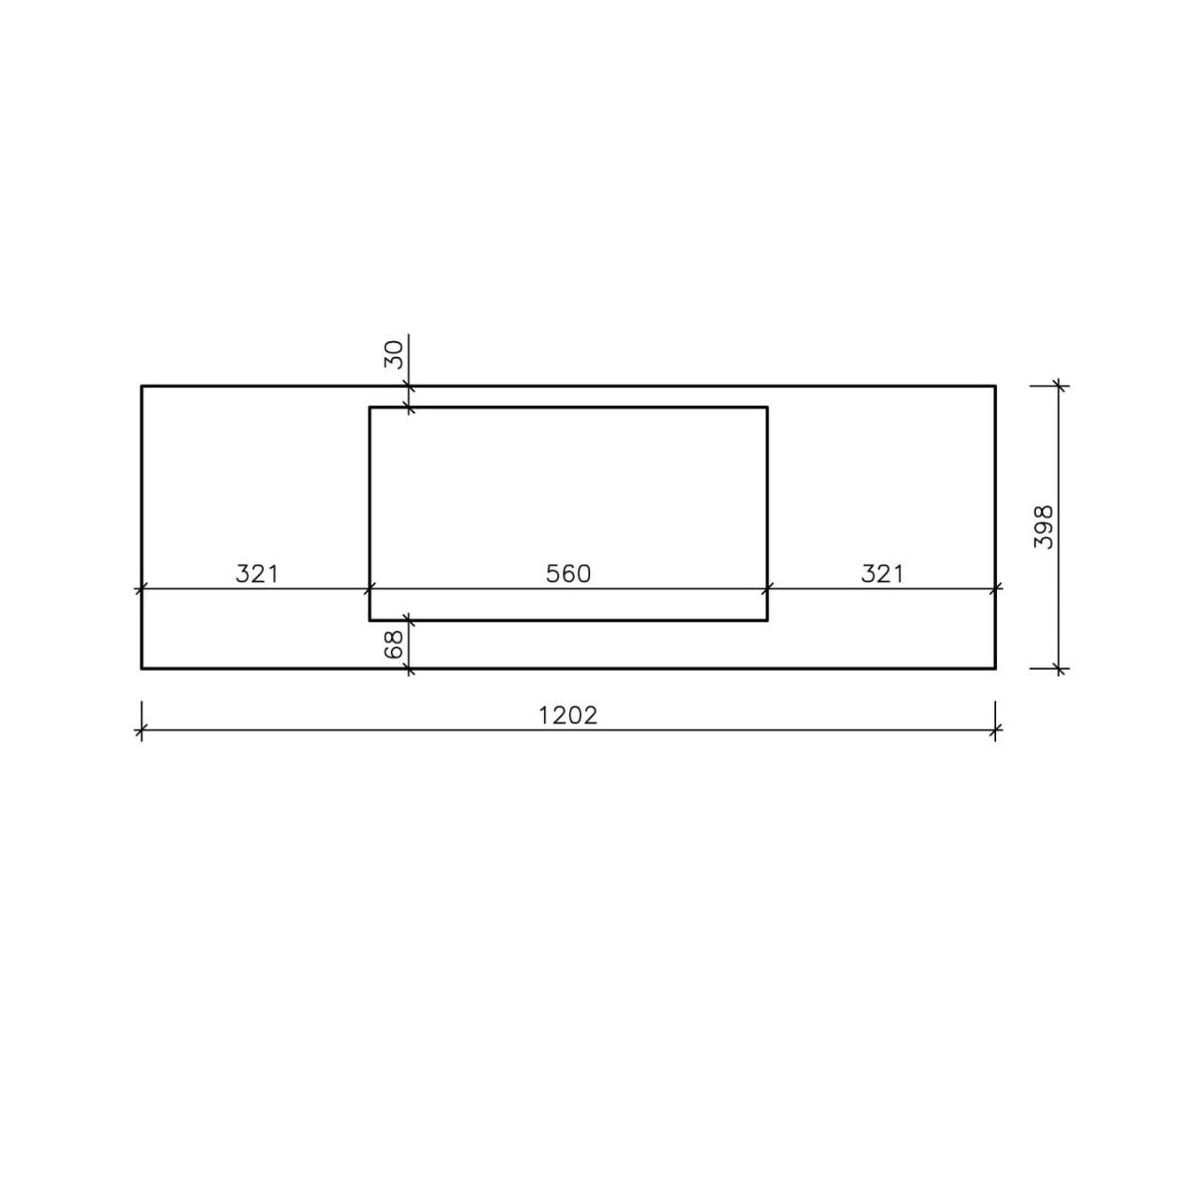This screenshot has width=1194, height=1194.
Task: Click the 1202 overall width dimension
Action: point(567,715)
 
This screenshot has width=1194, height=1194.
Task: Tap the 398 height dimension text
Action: point(1044,526)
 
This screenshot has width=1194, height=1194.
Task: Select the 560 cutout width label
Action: point(568,574)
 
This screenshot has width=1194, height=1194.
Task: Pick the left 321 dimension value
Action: point(257,574)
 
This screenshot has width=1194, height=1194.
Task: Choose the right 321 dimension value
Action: point(883,574)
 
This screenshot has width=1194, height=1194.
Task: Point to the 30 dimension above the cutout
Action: point(394,354)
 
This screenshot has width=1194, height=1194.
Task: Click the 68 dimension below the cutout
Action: point(394,644)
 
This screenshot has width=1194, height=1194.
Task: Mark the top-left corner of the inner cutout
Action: point(370,407)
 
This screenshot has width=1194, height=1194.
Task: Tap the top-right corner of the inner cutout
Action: point(768,407)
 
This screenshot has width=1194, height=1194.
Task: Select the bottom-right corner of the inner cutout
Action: point(768,620)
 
